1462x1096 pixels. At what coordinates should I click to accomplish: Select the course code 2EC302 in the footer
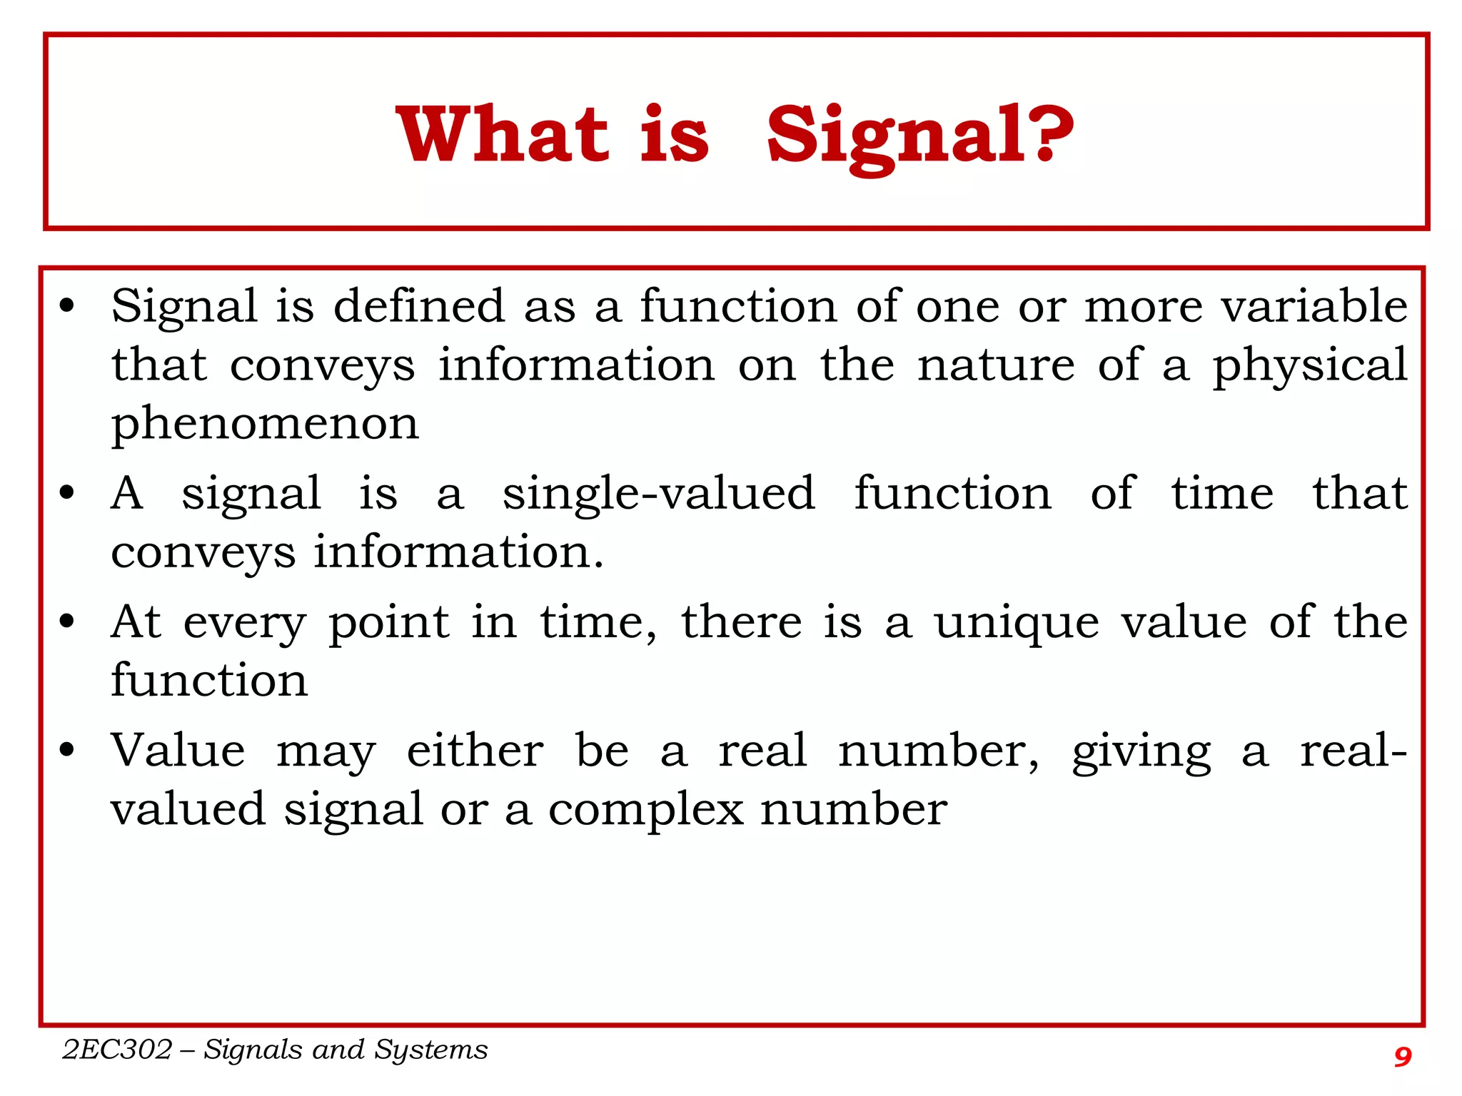tap(117, 1050)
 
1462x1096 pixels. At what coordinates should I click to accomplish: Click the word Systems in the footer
tap(431, 1050)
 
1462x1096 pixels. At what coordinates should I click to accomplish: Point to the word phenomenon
tap(265, 424)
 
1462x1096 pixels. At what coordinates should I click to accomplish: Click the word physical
tap(1310, 365)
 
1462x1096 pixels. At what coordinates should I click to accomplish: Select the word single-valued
tap(658, 494)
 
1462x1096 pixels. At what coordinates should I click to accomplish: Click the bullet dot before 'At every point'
tap(67, 621)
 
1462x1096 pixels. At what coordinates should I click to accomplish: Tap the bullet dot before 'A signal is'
tap(67, 492)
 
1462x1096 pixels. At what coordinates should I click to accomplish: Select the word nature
tap(995, 365)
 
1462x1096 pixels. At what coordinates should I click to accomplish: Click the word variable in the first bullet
tap(1314, 307)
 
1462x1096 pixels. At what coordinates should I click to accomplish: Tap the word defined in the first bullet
tap(419, 307)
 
